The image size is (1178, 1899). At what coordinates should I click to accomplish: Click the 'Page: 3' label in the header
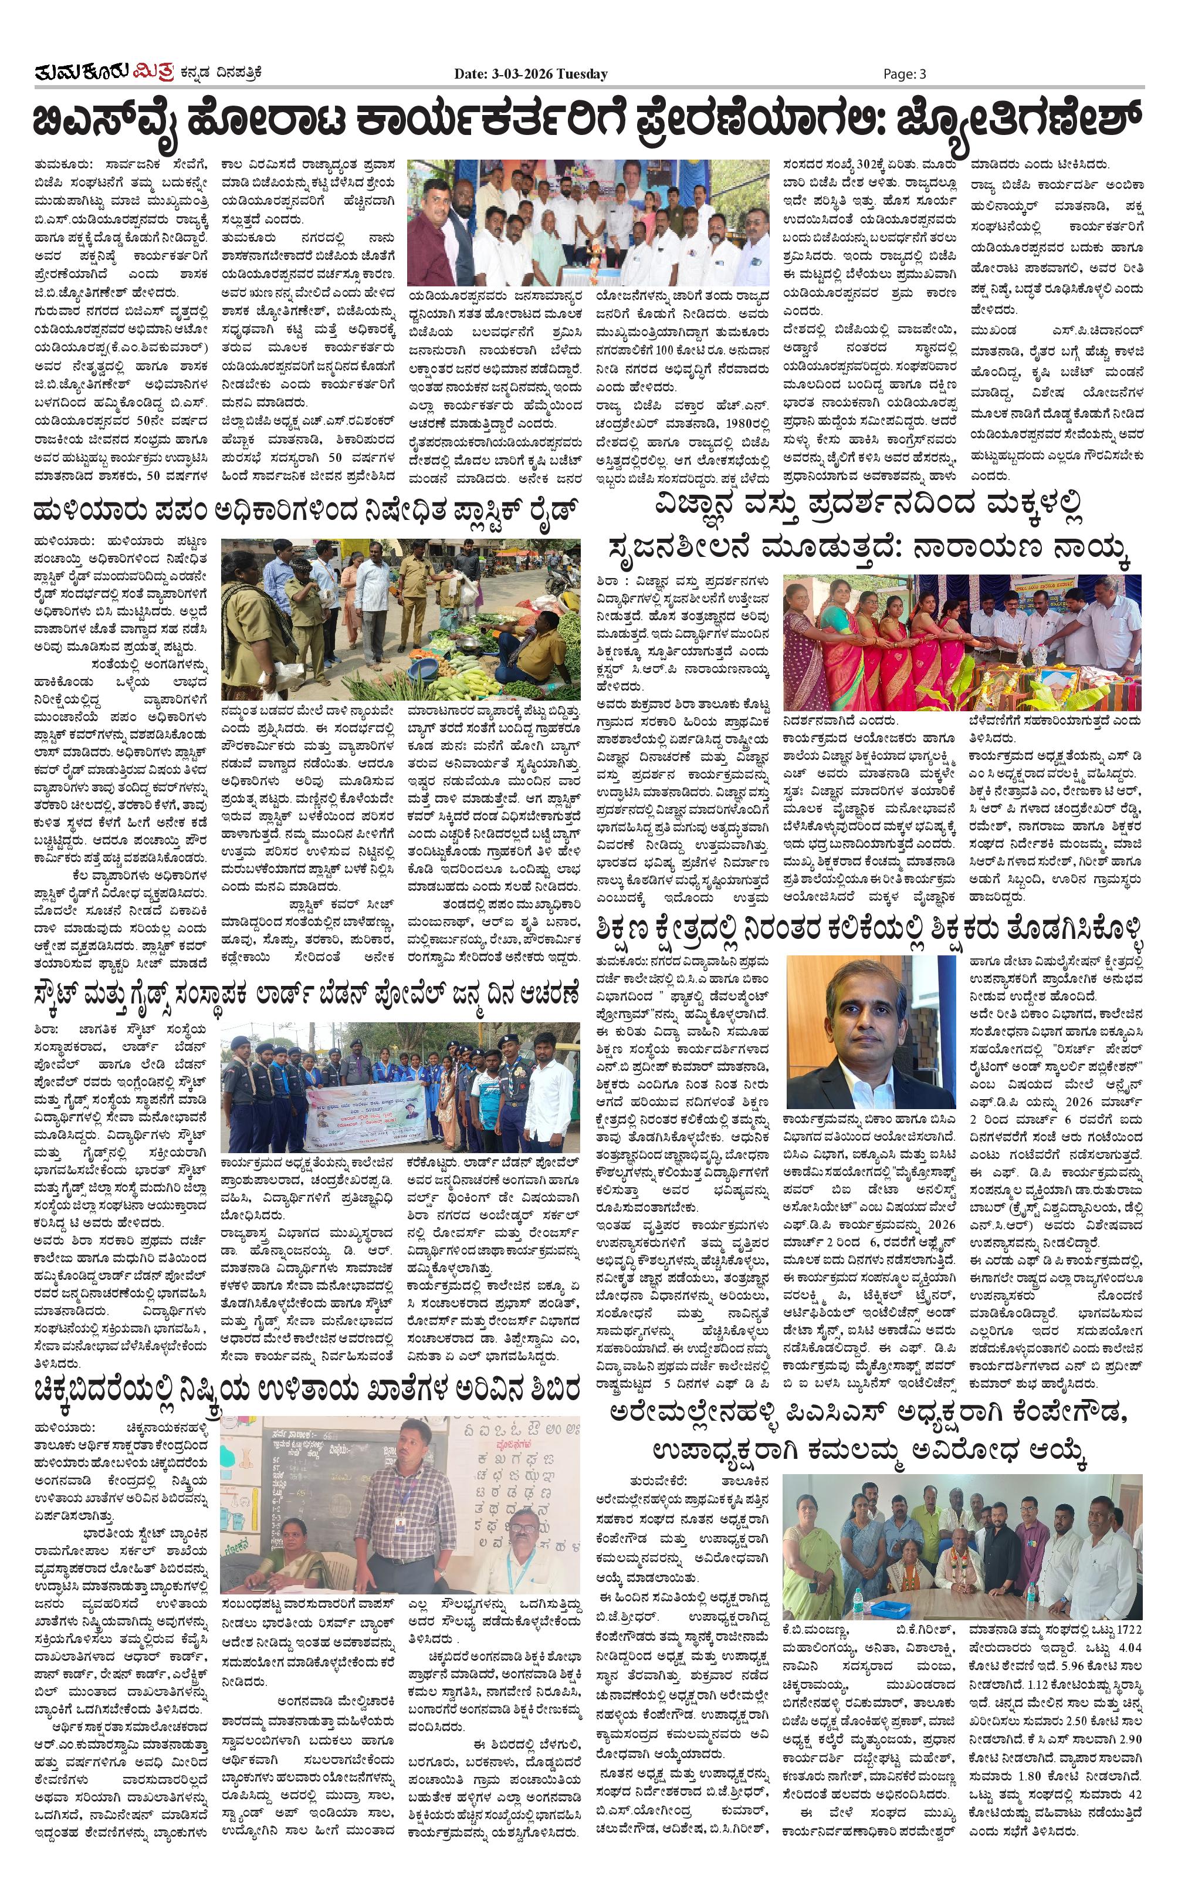(904, 74)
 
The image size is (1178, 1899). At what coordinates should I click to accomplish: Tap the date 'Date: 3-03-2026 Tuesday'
(530, 74)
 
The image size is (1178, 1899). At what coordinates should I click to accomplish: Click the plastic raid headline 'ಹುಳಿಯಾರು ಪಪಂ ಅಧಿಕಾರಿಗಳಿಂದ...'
(307, 511)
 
